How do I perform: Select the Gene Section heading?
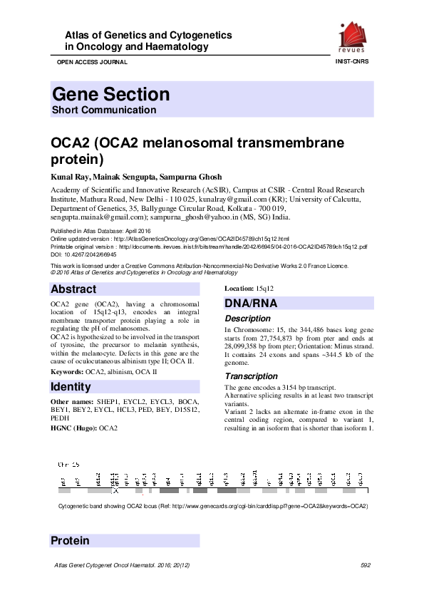pos(110,94)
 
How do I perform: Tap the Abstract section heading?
pos(73,289)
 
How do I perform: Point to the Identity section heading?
pos(71,387)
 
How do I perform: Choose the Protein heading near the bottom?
pos(70,541)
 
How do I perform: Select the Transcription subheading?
pos(251,376)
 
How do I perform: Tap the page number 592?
pos(366,565)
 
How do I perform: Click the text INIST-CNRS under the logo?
pos(352,63)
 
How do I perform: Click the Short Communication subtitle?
pos(104,110)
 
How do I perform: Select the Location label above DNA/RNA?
pos(239,289)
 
